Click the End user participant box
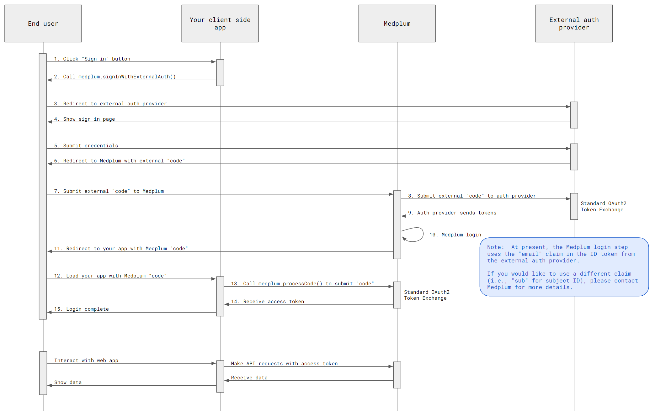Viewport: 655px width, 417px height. tap(43, 24)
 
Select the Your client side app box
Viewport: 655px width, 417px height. tap(220, 24)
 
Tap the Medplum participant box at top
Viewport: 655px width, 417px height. tap(397, 24)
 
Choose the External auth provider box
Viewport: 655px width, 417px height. tap(574, 24)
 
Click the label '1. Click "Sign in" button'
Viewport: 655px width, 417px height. tap(92, 59)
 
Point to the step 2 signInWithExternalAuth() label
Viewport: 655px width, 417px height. tap(114, 77)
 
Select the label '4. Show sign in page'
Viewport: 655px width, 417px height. tap(84, 119)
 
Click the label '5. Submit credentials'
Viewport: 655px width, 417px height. tap(86, 146)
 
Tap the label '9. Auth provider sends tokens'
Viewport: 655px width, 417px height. tap(452, 213)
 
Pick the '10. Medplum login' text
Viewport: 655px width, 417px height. tap(455, 235)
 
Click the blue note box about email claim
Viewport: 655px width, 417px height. tap(564, 267)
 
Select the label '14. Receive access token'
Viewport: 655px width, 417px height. tap(267, 302)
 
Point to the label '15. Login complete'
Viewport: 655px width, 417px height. tap(81, 309)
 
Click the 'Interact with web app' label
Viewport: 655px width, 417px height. tap(86, 361)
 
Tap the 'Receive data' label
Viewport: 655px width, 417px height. tap(249, 378)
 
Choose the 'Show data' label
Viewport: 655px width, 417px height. tap(68, 383)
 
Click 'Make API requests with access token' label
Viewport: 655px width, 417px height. tap(284, 364)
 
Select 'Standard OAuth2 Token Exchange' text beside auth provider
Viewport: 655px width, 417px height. tap(603, 207)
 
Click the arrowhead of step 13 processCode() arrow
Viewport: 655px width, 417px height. tap(391, 287)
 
